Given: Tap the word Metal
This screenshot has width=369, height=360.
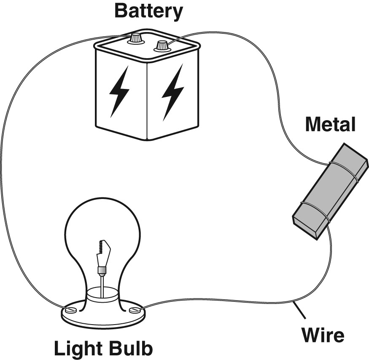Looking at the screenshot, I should [331, 125].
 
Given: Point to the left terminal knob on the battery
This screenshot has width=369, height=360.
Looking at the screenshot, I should [135, 38].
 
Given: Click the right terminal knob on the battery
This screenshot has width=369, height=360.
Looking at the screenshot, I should [162, 45].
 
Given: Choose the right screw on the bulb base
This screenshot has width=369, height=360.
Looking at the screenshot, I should [135, 311].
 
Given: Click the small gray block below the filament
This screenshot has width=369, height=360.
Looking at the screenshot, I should [101, 270].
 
